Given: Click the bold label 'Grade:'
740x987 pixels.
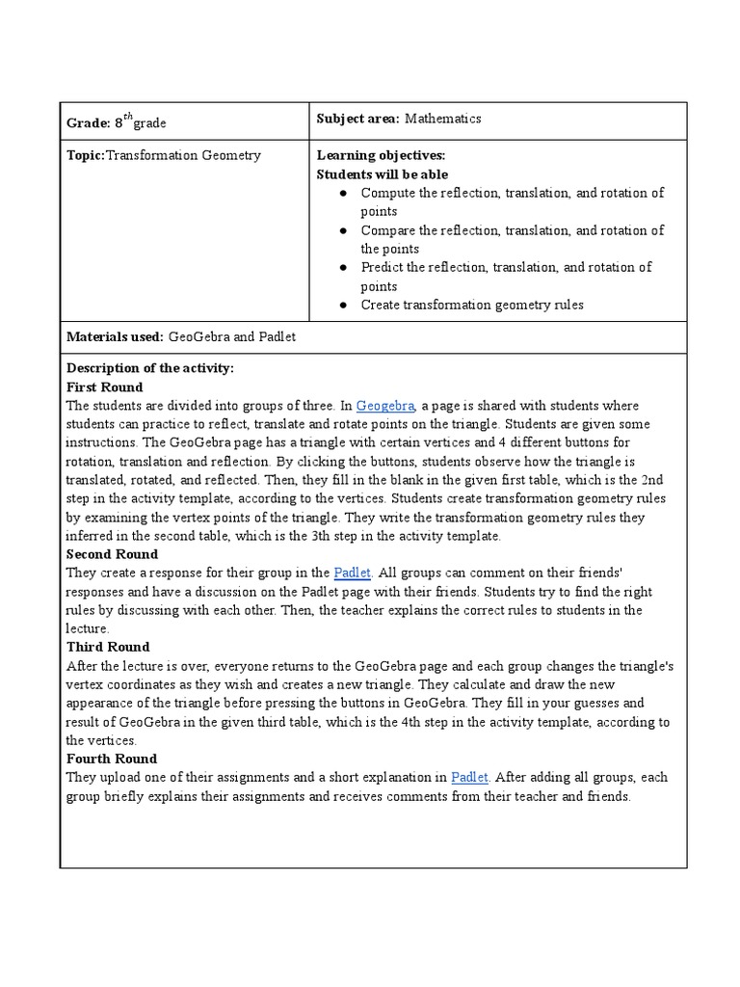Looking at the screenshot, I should click(x=88, y=123).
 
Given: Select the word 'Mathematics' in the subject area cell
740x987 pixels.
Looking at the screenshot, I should click(x=442, y=119).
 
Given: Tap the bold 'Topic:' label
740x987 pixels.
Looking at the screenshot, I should click(x=85, y=155).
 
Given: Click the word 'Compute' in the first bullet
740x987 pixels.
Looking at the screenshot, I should click(x=385, y=193).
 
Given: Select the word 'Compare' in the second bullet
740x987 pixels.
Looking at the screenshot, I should click(x=385, y=230).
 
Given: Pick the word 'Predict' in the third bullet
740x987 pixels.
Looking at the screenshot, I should click(x=383, y=267).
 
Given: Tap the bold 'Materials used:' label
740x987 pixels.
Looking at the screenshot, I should click(x=115, y=337).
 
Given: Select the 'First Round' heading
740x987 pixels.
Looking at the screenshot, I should click(x=104, y=387).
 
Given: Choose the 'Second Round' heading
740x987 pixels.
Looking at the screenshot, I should click(x=112, y=554).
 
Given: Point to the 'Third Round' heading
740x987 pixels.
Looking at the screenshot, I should click(x=108, y=647).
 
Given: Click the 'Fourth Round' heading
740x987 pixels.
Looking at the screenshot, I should click(x=112, y=759).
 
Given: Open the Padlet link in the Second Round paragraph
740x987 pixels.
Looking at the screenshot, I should click(x=351, y=573).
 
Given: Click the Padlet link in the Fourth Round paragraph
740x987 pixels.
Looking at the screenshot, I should click(x=470, y=777).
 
